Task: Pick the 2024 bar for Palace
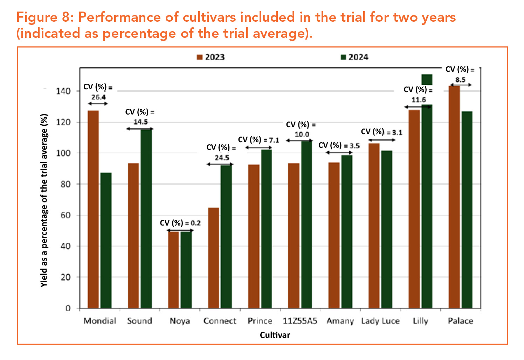tap(467, 210)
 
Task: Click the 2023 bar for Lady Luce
tap(374, 226)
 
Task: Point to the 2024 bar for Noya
tap(186, 270)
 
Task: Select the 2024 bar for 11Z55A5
tap(306, 224)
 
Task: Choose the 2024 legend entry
tap(354, 57)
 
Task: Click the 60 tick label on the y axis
tap(65, 215)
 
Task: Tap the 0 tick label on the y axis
tap(68, 308)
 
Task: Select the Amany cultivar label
tap(340, 321)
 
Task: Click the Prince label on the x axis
tap(260, 321)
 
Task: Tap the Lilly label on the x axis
tap(420, 321)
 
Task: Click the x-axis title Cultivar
tap(275, 335)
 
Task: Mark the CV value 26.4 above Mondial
tap(98, 97)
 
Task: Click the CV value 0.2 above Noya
tap(195, 223)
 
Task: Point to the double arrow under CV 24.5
tap(220, 164)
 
